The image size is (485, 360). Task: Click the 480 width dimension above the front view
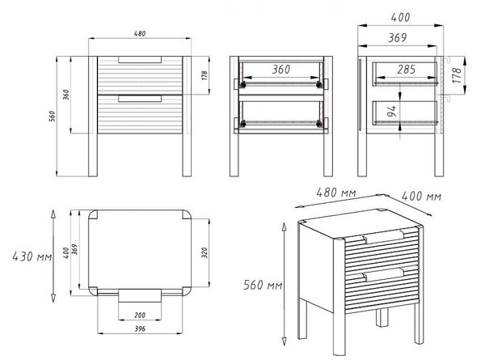pos(140,33)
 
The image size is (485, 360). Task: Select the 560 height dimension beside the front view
pos(53,116)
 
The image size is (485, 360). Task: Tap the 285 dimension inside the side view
pos(406,70)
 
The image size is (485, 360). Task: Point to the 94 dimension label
pos(391,111)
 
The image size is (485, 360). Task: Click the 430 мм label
pos(32,256)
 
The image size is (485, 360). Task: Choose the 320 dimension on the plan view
pos(205,253)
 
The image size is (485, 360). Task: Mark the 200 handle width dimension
pos(140,316)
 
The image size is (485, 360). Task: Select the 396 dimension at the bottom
pos(140,329)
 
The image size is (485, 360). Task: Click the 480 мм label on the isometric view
pos(336,193)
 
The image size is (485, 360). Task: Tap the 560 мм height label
pos(263,285)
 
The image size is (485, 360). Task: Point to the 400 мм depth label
pos(421,196)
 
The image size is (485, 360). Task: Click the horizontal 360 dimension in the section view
pos(281,70)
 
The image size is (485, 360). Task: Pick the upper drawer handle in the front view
pos(140,59)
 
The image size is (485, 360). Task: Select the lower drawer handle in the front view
pos(140,99)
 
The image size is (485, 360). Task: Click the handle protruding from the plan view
pos(140,295)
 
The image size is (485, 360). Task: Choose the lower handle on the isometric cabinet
pos(383,274)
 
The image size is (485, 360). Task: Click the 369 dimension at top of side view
pos(398,38)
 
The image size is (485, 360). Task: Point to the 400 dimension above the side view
pos(401,18)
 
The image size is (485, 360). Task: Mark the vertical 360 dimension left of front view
pos(66,95)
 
